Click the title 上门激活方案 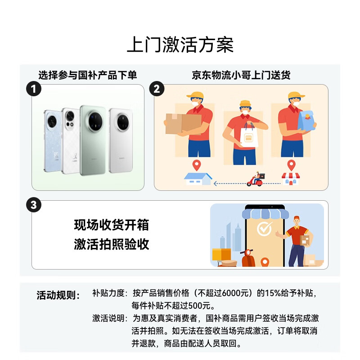tap(180, 45)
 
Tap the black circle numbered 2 tap(157, 89)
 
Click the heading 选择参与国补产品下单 tap(87, 75)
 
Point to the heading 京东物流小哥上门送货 tap(241, 75)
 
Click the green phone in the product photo tap(93, 139)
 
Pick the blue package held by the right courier tap(308, 121)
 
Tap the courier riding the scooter tap(256, 179)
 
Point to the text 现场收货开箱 tap(111, 225)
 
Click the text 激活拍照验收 tap(111, 244)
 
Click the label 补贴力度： tap(110, 293)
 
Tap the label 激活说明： tap(110, 319)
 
